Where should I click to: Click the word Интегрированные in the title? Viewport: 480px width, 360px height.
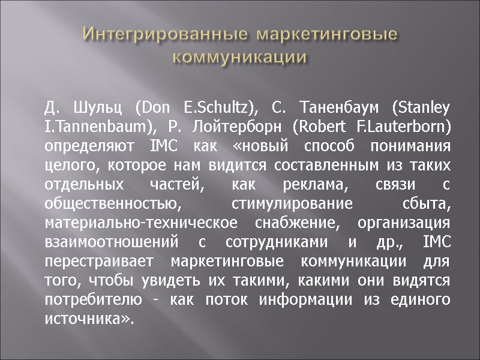166,35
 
